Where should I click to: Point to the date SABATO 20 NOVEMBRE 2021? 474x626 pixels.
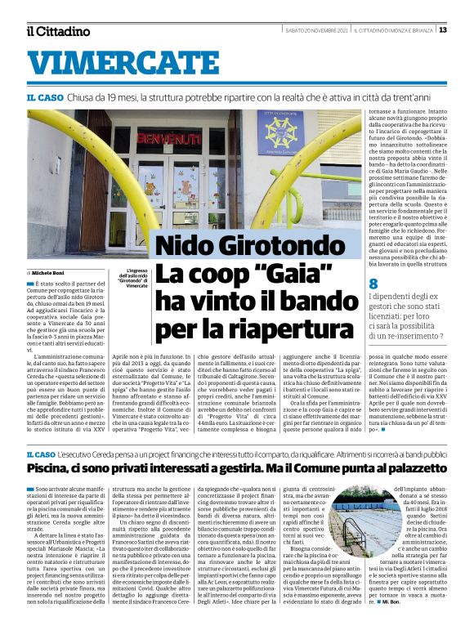[316, 30]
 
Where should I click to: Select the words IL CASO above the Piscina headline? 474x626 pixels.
[42, 454]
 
